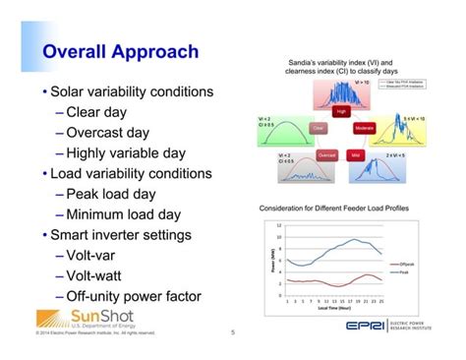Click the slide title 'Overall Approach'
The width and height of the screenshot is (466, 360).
[122, 52]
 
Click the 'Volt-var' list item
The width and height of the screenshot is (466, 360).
[97, 256]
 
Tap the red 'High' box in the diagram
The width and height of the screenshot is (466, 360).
[342, 112]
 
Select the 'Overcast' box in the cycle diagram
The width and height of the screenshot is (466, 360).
[327, 154]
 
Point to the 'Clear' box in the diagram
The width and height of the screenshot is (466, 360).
[318, 129]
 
